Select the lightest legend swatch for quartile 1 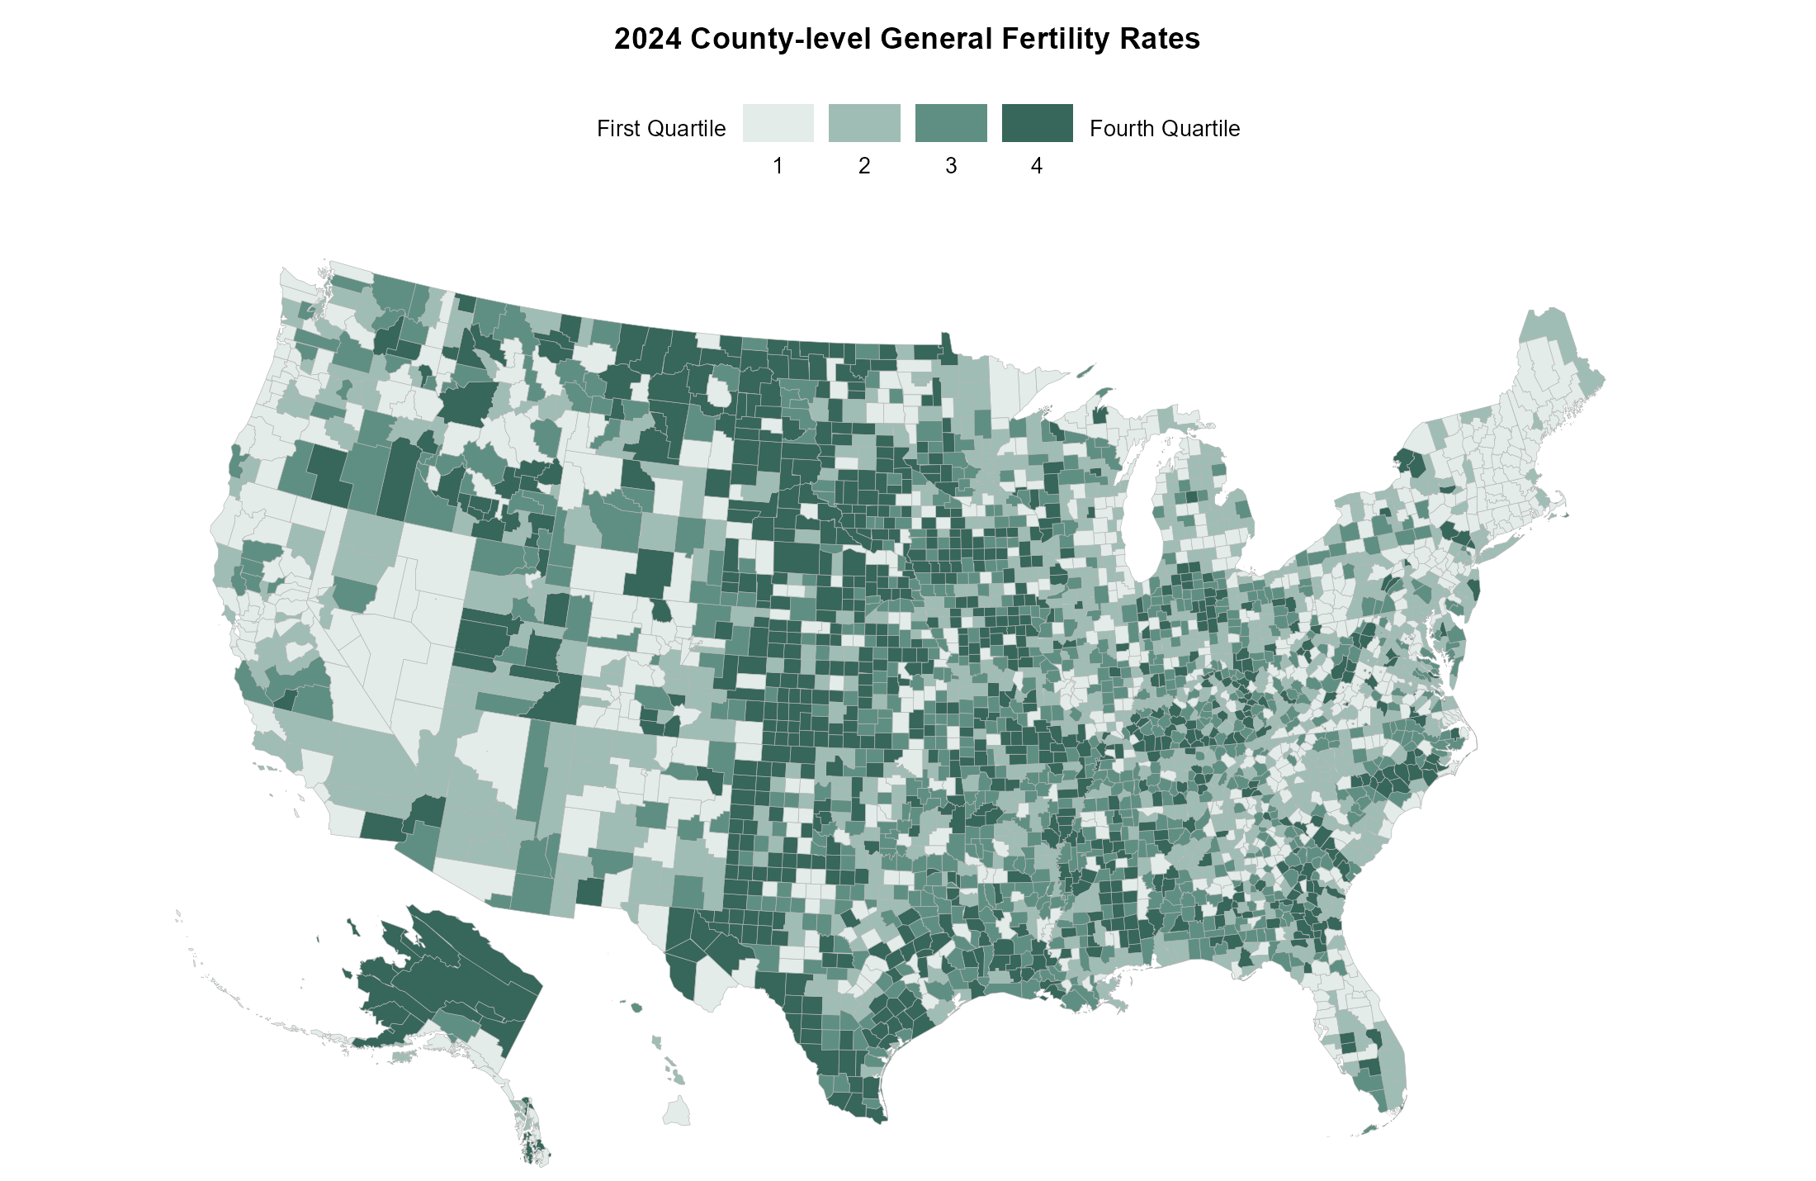(778, 123)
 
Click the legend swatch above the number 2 (864, 123)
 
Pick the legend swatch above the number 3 (951, 123)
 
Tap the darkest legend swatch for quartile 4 (1037, 123)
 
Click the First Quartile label (661, 129)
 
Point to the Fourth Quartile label (1164, 129)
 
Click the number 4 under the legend (1037, 166)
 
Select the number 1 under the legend (778, 166)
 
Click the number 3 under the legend (951, 166)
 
